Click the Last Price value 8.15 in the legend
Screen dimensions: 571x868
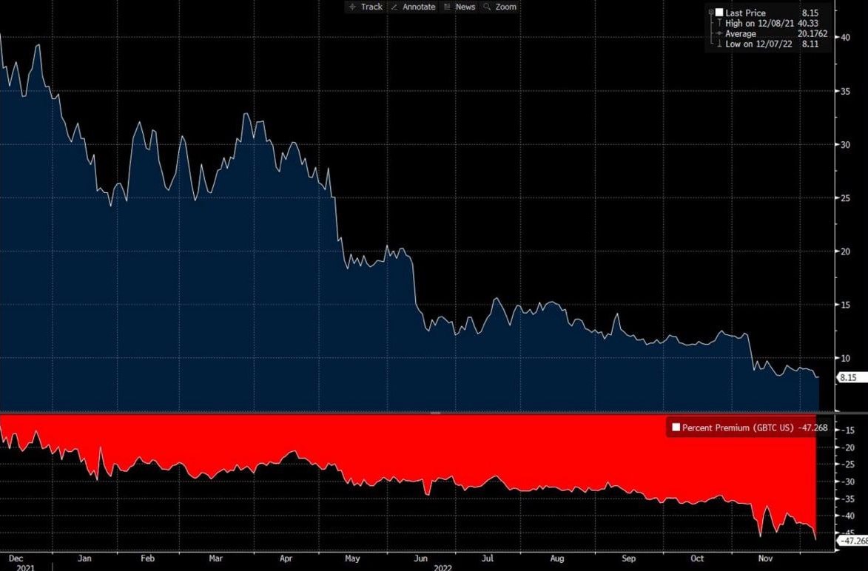pos(811,13)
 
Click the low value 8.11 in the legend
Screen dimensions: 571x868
pos(811,44)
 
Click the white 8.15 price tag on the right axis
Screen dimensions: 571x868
pos(848,377)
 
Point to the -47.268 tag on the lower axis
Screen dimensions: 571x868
pos(851,541)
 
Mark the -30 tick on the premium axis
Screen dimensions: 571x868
pos(850,481)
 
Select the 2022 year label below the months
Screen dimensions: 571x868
pos(443,567)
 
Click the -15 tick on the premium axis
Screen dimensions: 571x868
pos(850,430)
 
